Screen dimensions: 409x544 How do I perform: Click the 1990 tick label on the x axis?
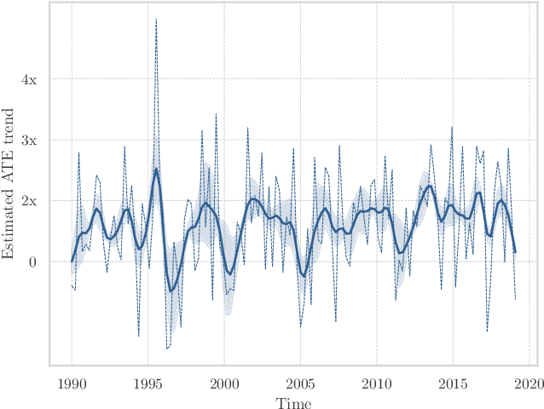[72, 383]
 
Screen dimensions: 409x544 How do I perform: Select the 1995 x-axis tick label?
[148, 383]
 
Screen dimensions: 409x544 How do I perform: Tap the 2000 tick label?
[224, 383]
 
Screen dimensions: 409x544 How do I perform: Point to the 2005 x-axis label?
[300, 383]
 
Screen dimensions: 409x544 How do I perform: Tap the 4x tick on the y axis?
[29, 79]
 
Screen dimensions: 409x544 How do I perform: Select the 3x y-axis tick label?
[29, 140]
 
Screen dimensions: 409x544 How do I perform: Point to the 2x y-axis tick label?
[29, 201]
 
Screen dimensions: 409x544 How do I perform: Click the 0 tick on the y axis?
[32, 262]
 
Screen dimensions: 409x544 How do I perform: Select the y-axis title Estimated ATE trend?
[9, 183]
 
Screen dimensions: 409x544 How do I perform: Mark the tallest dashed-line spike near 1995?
[156, 19]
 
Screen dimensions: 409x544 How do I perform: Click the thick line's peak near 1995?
[156, 169]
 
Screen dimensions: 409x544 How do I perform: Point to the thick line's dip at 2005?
[304, 276]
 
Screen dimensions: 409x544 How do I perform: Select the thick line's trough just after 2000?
[229, 274]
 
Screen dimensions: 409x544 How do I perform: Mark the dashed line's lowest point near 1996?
[167, 349]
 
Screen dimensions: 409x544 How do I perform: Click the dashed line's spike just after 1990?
[78, 153]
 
